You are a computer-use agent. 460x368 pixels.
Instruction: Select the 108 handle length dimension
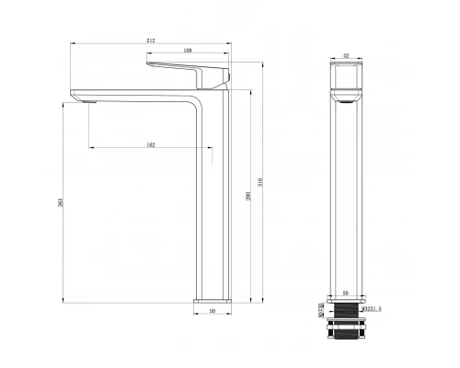click(187, 51)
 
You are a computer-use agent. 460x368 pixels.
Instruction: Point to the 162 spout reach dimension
click(150, 144)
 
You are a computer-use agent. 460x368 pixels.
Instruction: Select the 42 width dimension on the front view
click(347, 55)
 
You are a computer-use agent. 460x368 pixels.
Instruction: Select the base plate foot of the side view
click(213, 300)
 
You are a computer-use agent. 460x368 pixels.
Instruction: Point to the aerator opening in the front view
click(347, 104)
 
